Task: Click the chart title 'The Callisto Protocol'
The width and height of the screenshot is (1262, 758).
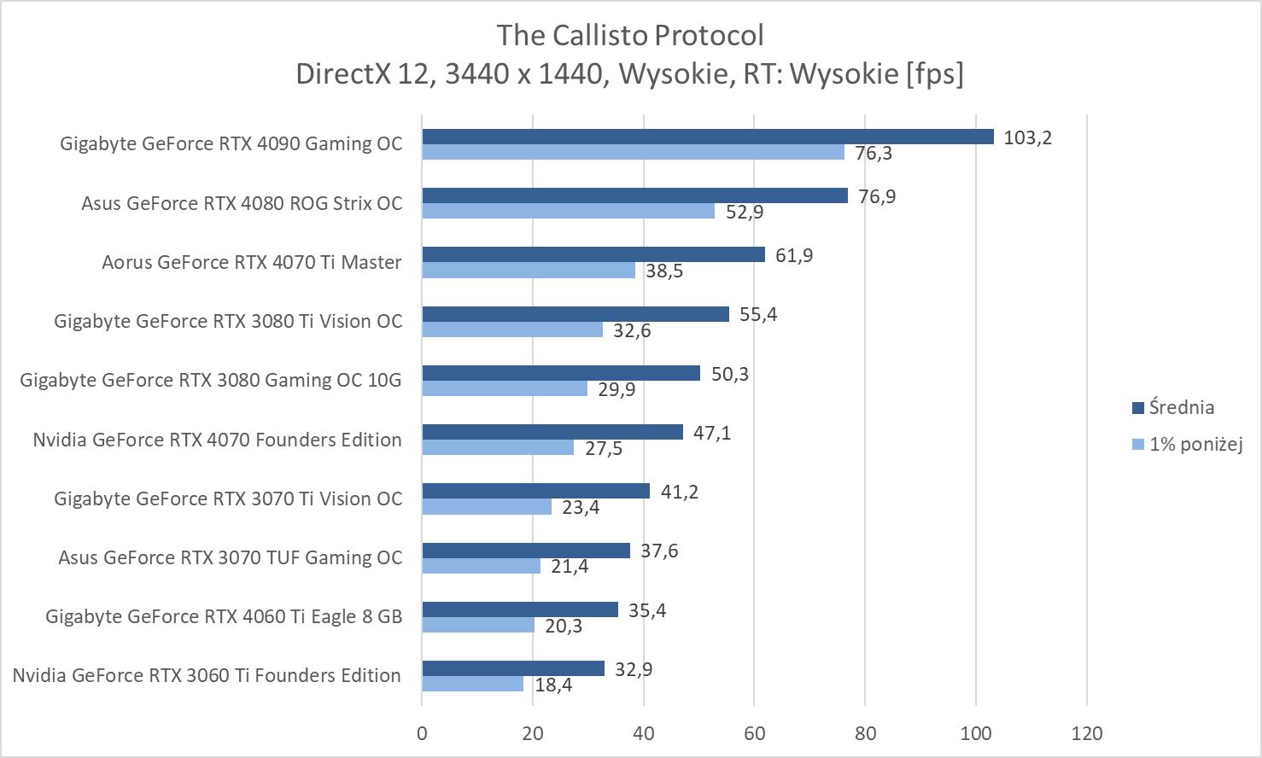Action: [x=630, y=35]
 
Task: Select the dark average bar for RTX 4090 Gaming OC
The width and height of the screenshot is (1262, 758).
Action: [x=707, y=137]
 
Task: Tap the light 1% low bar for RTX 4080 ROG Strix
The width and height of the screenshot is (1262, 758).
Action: [x=568, y=211]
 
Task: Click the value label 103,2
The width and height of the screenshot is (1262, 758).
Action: [x=1027, y=137]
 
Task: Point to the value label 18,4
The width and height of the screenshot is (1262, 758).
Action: [x=553, y=685]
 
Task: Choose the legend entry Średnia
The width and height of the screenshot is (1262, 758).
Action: [x=1181, y=407]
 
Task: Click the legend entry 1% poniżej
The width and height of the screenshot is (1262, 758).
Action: [x=1194, y=444]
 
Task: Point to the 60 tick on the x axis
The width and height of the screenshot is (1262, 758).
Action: [x=754, y=733]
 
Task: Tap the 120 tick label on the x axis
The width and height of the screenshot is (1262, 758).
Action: [x=1087, y=733]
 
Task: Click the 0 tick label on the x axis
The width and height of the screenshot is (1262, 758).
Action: [x=422, y=733]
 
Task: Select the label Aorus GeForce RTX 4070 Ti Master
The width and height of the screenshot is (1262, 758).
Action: [x=251, y=262]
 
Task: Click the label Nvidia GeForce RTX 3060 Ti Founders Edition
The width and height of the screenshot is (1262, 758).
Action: [x=207, y=675]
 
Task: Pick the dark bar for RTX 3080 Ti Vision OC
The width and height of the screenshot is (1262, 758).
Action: [x=575, y=314]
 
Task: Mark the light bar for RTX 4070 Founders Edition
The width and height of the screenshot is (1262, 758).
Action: [x=498, y=447]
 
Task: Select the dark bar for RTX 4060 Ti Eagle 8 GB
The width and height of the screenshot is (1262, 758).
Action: [x=520, y=609]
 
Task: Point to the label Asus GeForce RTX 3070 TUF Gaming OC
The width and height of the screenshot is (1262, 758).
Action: [x=230, y=557]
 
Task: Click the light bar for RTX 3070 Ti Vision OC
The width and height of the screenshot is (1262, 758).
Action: [x=487, y=506]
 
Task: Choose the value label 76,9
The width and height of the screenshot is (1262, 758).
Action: [x=877, y=196]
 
